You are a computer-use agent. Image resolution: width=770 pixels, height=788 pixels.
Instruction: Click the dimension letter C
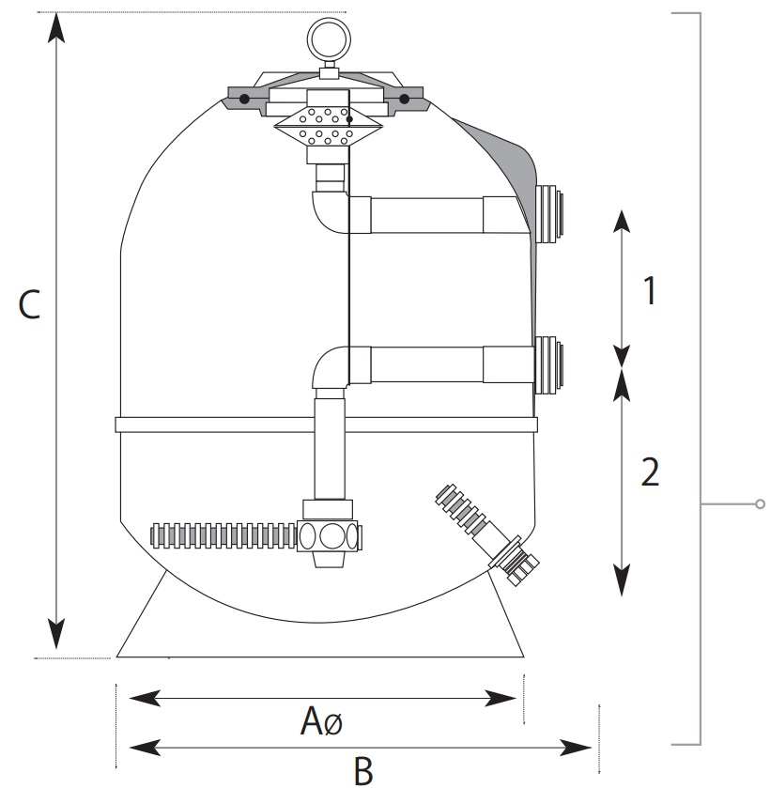(30, 305)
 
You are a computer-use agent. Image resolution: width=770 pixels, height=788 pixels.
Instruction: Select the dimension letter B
(363, 771)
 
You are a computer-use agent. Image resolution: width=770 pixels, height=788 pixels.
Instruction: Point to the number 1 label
(648, 292)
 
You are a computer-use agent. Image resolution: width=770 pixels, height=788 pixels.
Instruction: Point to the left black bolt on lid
(244, 98)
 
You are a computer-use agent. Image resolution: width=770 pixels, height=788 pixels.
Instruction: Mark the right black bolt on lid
(405, 98)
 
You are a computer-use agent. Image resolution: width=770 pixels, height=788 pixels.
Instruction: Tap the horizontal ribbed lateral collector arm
(223, 536)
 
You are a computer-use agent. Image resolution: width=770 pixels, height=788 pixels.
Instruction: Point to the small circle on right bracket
(760, 504)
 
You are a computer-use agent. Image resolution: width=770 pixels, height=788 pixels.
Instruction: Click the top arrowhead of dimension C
(57, 28)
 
